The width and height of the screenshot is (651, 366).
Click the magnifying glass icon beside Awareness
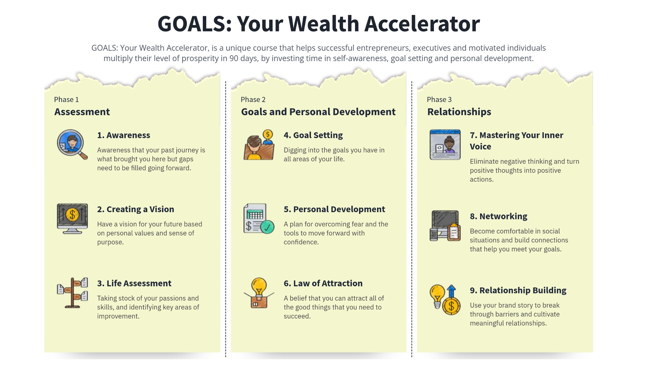coord(72,144)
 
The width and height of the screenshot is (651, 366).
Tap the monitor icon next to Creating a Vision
coord(72,219)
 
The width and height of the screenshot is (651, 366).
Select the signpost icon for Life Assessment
coord(72,293)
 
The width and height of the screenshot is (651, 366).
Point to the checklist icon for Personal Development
coord(259,219)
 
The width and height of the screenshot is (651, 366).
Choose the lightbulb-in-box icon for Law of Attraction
coord(259,293)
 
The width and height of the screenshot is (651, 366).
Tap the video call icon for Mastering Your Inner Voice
coord(445,144)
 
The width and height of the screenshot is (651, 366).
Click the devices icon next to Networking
coord(445,226)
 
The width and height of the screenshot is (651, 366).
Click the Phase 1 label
coord(66,100)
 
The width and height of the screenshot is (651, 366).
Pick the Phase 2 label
coord(253,100)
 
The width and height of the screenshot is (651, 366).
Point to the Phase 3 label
coord(439,100)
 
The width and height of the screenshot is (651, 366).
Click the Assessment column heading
coord(82,112)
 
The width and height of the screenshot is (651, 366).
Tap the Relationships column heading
coord(459,112)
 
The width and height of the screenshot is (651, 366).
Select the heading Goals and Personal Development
coord(318,112)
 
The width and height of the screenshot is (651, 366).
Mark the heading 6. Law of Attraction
coord(323,283)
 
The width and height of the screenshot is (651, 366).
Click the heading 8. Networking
coord(498,216)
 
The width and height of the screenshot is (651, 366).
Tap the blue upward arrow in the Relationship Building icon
coord(451,291)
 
